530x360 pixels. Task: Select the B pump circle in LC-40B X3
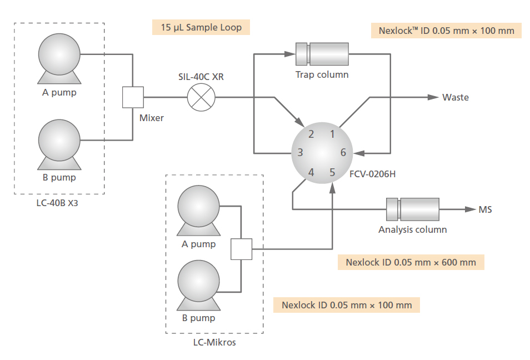(x=59, y=139)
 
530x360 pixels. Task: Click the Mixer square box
(x=133, y=97)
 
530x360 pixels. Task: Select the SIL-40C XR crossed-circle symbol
(x=201, y=98)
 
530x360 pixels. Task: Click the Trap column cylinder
(x=322, y=54)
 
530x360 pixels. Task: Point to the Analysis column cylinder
(x=412, y=210)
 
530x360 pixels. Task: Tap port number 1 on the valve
(x=332, y=134)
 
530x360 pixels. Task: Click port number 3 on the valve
(x=300, y=153)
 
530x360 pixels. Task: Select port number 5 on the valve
(x=332, y=172)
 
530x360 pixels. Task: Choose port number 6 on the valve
(x=343, y=153)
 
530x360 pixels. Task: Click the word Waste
(x=455, y=98)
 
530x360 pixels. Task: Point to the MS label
(x=485, y=210)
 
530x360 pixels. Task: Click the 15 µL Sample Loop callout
(x=201, y=27)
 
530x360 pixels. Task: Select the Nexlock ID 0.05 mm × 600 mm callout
(x=411, y=262)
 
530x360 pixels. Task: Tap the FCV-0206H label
(x=372, y=174)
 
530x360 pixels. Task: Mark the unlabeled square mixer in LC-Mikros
(x=241, y=249)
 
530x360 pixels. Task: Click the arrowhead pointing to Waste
(x=433, y=97)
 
